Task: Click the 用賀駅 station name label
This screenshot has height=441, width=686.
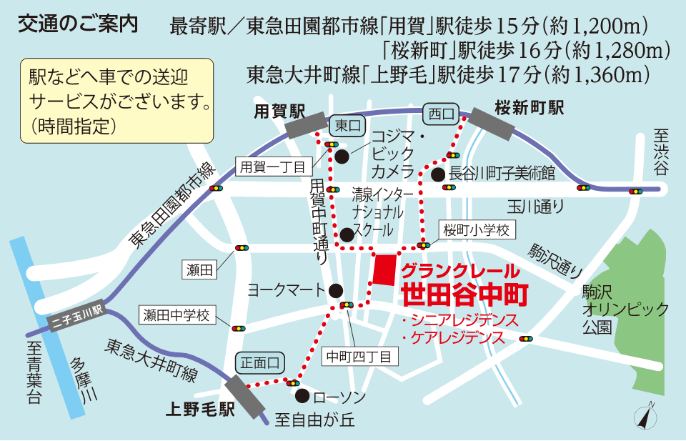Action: click(280, 111)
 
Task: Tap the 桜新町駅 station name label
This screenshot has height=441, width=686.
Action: click(530, 108)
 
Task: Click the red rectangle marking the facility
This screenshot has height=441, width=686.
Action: click(384, 270)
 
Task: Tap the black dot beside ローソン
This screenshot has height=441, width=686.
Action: click(302, 396)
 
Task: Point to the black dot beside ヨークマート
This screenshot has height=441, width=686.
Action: click(337, 289)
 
